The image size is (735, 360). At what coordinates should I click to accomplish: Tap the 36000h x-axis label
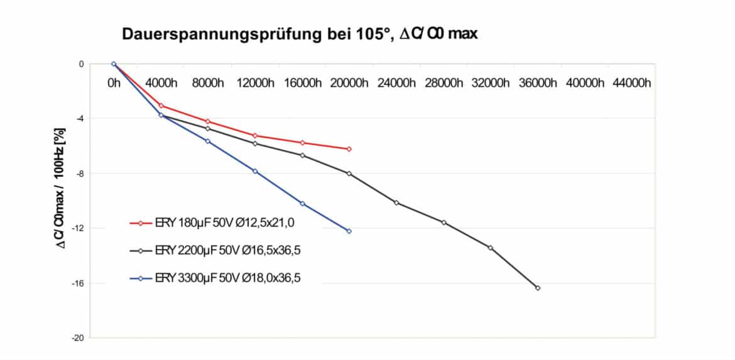538,83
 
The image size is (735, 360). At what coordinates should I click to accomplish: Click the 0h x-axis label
114,83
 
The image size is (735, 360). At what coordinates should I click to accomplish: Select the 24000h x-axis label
396,83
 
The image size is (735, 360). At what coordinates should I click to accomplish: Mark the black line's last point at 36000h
538,288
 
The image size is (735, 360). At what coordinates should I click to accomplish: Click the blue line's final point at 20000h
349,231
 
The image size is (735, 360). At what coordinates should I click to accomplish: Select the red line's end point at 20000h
349,149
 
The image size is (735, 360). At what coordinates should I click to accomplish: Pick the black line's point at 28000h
444,222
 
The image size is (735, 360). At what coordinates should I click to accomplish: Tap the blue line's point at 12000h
255,171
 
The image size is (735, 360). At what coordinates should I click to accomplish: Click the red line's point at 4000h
161,106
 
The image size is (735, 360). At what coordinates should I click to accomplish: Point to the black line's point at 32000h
491,248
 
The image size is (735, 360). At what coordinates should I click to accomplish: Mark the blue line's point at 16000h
302,204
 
